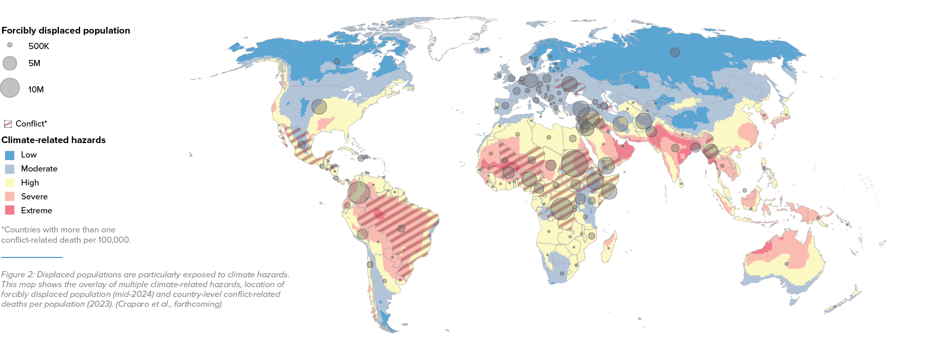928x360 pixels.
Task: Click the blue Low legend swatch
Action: pyautogui.click(x=9, y=155)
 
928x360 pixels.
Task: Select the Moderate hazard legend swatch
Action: pyautogui.click(x=9, y=169)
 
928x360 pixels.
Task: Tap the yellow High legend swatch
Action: pyautogui.click(x=9, y=183)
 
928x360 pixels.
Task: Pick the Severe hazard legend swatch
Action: pyautogui.click(x=9, y=197)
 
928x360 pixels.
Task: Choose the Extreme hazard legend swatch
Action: pyautogui.click(x=9, y=210)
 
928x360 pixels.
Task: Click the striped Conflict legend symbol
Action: pyautogui.click(x=8, y=124)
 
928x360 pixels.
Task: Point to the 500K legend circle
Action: pyautogui.click(x=10, y=45)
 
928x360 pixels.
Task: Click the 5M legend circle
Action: pyautogui.click(x=10, y=63)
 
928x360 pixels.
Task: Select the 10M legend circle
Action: pyautogui.click(x=10, y=88)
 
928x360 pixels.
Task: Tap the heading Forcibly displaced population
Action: pyautogui.click(x=66, y=30)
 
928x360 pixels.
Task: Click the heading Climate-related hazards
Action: pyautogui.click(x=53, y=140)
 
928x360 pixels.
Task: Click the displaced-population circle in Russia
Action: pyautogui.click(x=675, y=52)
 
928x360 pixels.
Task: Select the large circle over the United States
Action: pyautogui.click(x=319, y=107)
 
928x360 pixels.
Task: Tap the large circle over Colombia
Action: pyautogui.click(x=359, y=192)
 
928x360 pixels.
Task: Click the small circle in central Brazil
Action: pyautogui.click(x=401, y=228)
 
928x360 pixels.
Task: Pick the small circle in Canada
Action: pyautogui.click(x=337, y=61)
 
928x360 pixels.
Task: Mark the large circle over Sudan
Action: pyautogui.click(x=574, y=163)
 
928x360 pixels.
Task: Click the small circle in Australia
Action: pyautogui.click(x=787, y=264)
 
